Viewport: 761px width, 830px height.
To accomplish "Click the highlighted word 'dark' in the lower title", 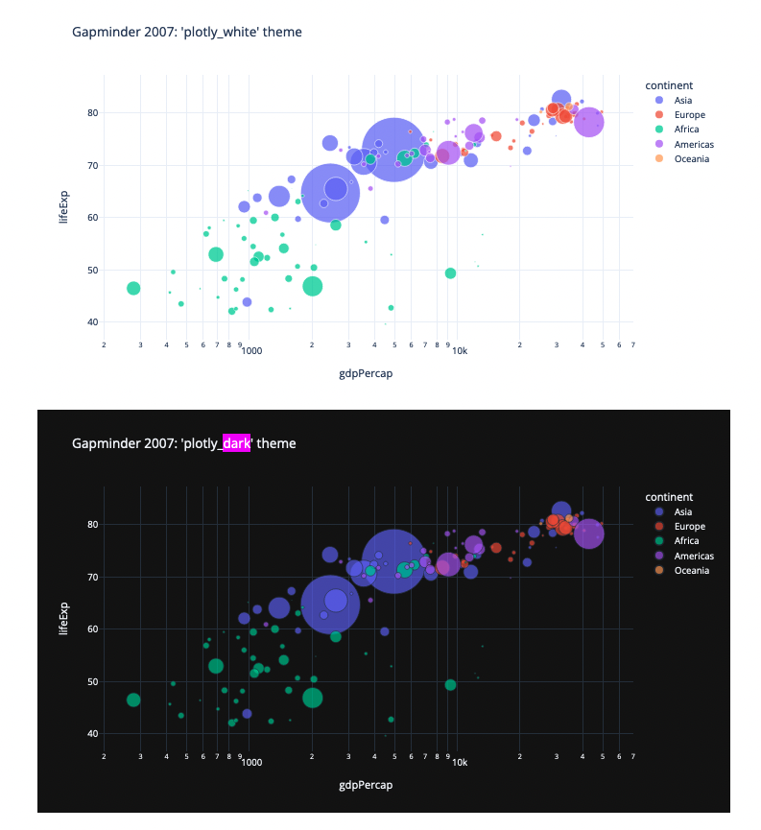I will tap(236, 443).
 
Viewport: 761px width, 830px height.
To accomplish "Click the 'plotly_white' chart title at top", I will tap(187, 32).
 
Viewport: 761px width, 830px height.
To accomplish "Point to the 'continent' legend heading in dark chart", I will tap(669, 497).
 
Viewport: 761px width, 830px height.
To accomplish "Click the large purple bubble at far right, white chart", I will tap(589, 123).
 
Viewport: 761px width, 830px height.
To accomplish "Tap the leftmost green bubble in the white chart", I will tap(133, 289).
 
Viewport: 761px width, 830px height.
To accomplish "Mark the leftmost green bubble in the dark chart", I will tap(133, 700).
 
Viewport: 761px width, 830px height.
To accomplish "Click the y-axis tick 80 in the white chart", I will tap(93, 113).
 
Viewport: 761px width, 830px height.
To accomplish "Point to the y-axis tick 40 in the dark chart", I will tap(93, 734).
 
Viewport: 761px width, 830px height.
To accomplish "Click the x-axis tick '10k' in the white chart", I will tap(460, 351).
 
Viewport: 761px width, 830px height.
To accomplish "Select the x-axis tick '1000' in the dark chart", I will tap(251, 763).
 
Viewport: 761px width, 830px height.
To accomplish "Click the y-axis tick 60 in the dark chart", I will tap(93, 629).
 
